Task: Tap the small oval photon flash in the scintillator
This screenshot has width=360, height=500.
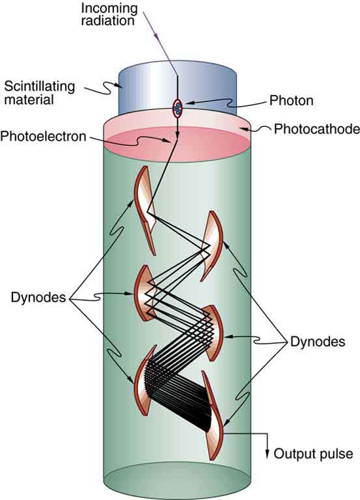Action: [x=177, y=106]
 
